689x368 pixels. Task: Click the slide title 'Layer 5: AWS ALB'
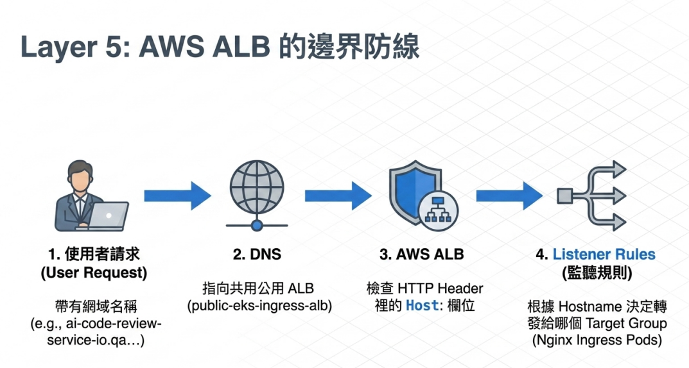point(145,47)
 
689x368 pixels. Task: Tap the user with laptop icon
point(91,196)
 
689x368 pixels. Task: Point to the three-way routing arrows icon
point(591,196)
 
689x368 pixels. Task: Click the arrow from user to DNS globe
point(177,196)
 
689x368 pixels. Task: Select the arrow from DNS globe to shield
point(338,196)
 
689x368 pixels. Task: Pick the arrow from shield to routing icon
point(510,196)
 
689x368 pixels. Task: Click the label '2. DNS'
point(257,255)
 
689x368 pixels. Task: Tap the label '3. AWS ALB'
point(422,255)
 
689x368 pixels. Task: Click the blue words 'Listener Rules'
point(604,255)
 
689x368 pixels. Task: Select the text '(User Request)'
point(94,273)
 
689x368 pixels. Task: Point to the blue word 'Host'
point(423,305)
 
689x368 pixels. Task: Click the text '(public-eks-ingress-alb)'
point(259,306)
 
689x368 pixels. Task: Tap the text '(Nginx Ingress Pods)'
point(597,340)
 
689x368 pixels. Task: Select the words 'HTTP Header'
point(440,289)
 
